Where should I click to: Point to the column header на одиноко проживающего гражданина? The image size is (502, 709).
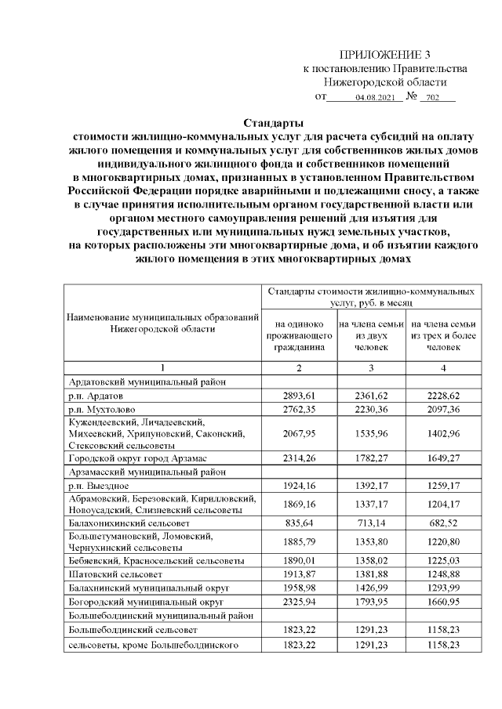(x=299, y=335)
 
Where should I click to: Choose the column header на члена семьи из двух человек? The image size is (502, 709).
(x=371, y=335)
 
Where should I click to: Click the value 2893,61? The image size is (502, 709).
(x=299, y=396)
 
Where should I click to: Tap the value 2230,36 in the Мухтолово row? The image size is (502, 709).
(x=371, y=409)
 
